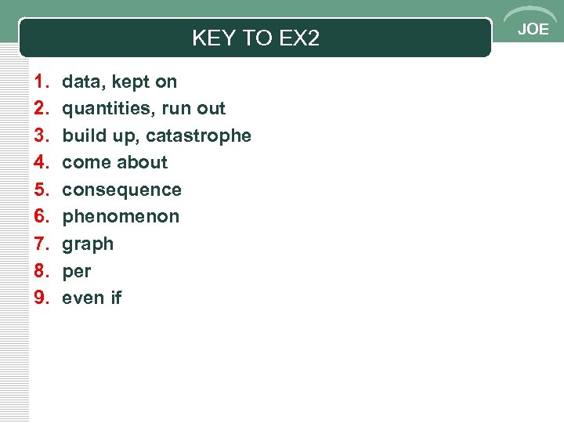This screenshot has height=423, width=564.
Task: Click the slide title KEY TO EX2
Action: click(x=255, y=38)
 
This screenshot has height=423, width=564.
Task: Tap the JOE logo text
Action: click(x=533, y=30)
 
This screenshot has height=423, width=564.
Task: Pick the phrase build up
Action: click(x=98, y=136)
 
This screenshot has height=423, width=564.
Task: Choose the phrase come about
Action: click(x=114, y=163)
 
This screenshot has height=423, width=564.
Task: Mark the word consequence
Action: click(x=121, y=190)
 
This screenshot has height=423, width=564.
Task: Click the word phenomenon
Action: click(x=121, y=217)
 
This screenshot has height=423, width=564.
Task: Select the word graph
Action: click(x=88, y=244)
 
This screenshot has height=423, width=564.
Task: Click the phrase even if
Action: click(x=92, y=298)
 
